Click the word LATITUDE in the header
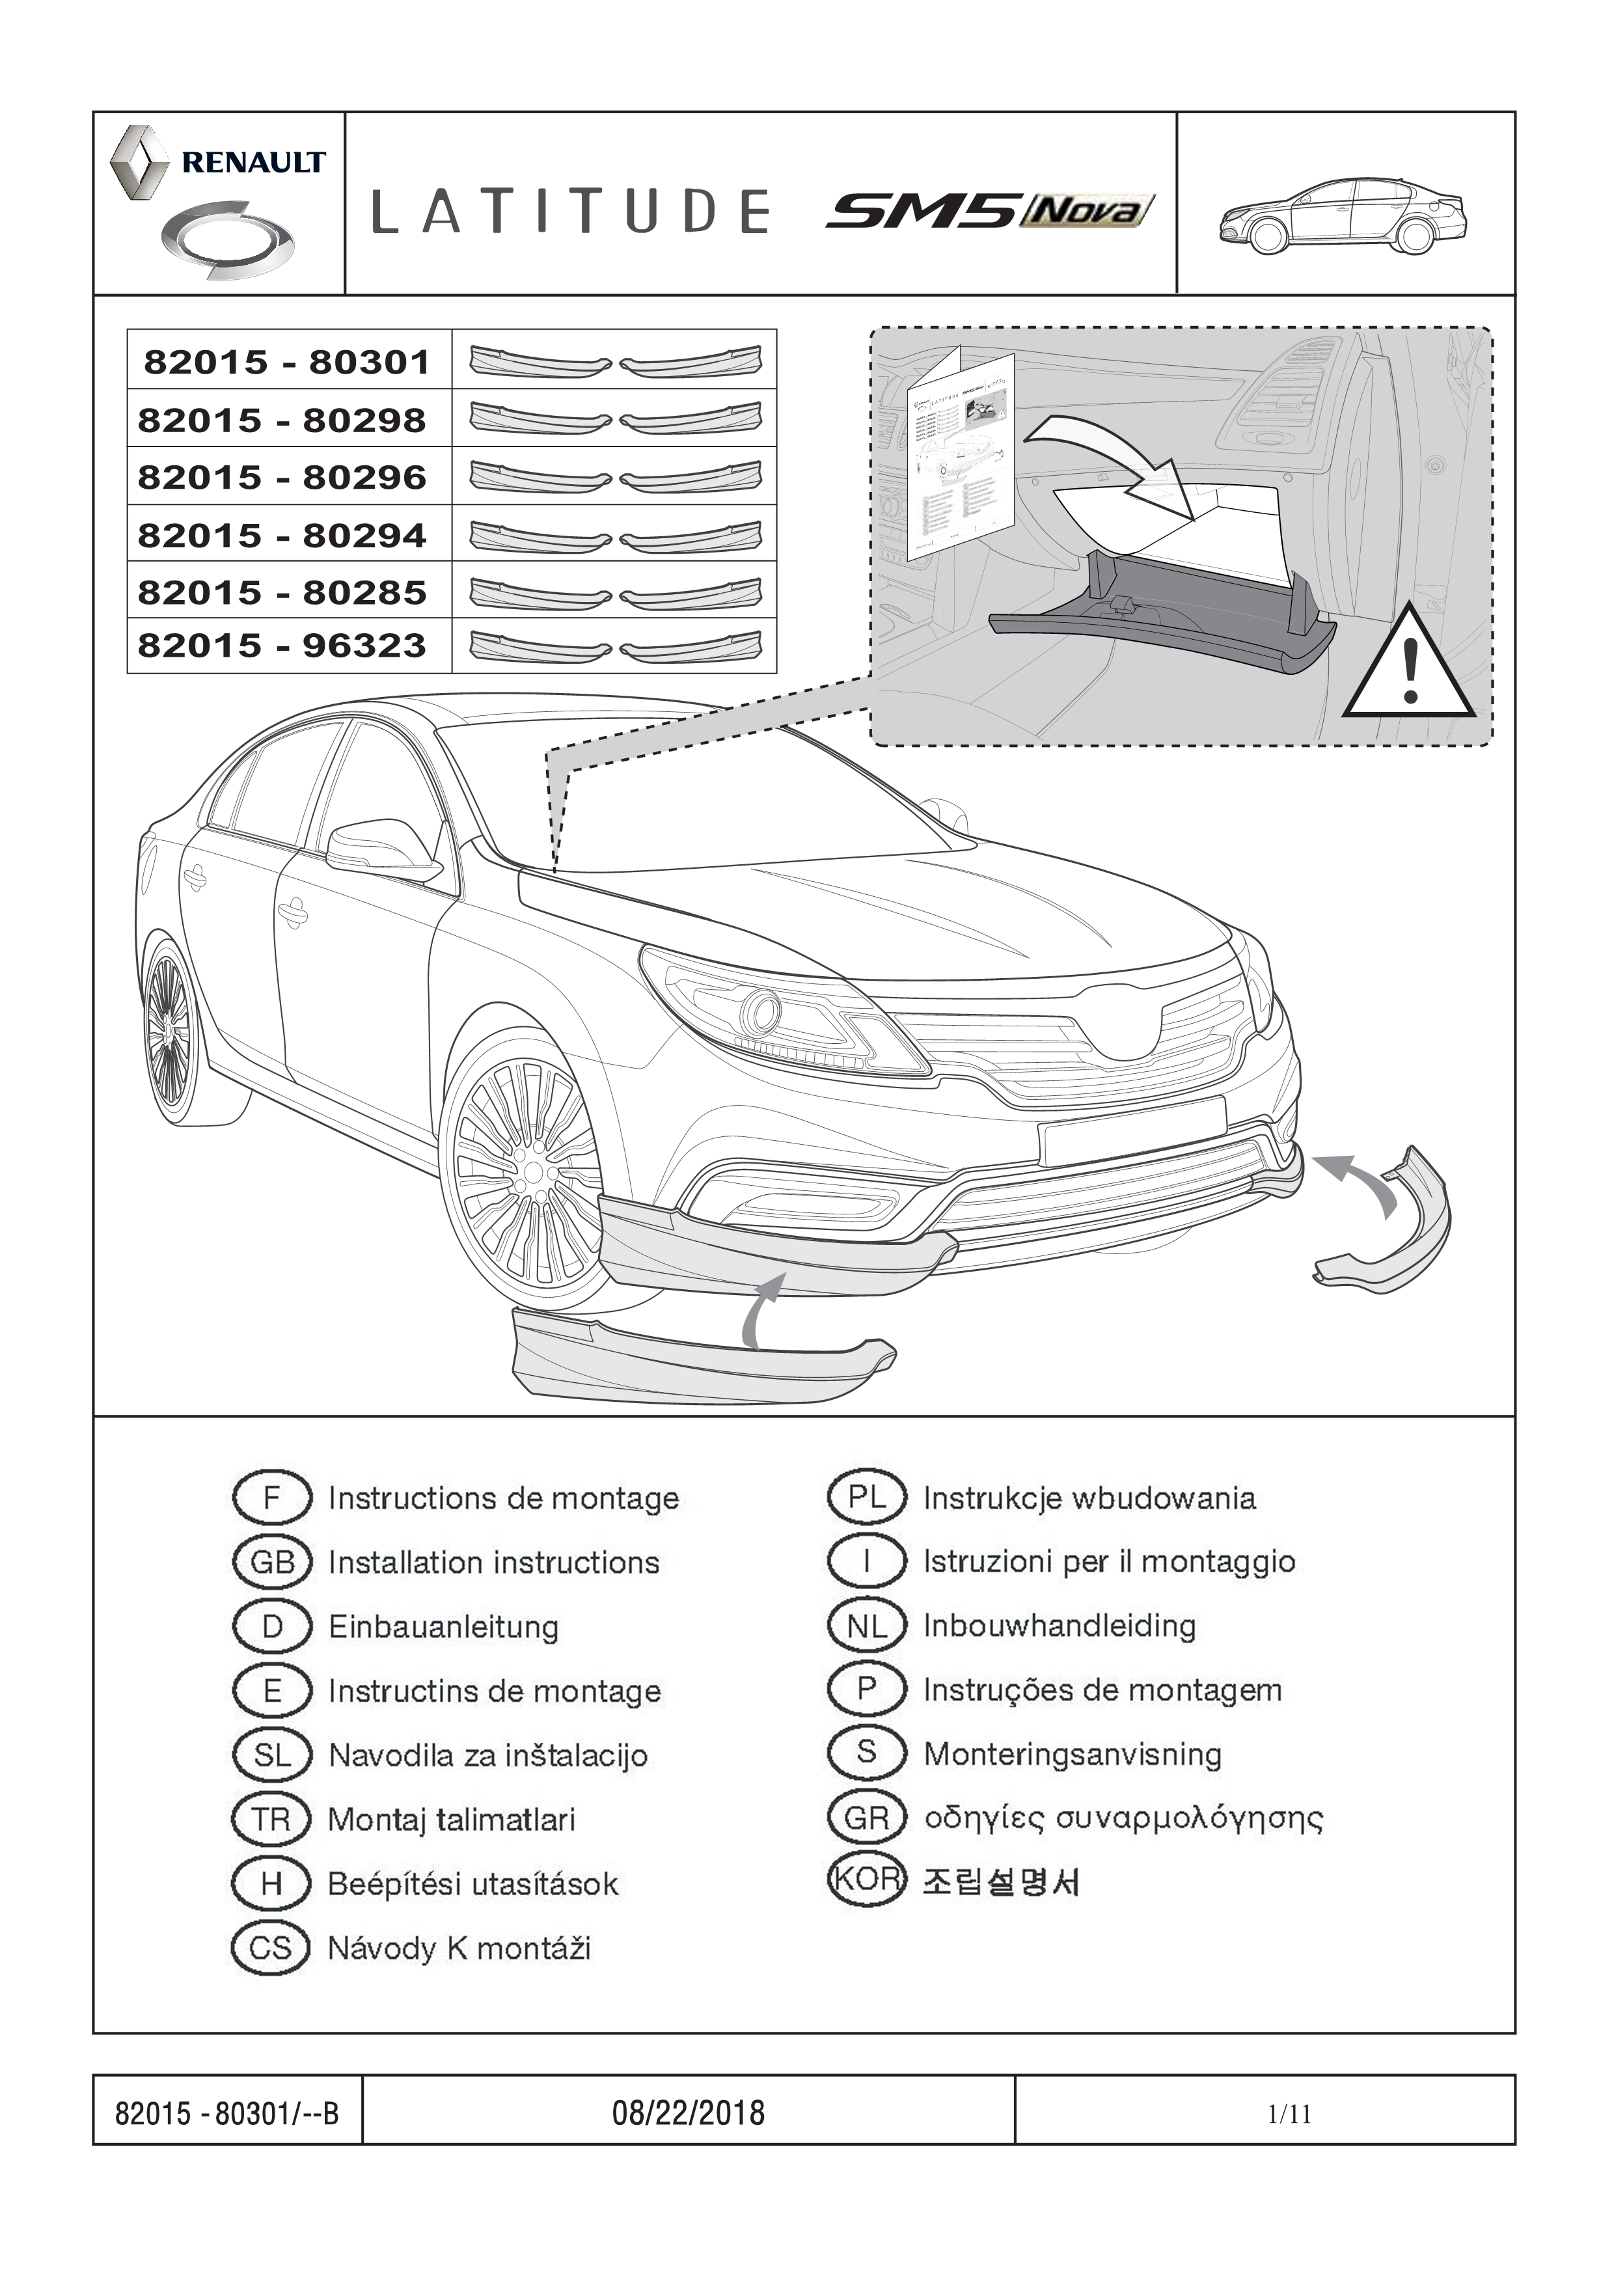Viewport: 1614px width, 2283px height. point(571,211)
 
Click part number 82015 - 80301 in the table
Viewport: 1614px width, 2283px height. point(288,362)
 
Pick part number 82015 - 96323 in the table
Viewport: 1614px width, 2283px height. point(282,646)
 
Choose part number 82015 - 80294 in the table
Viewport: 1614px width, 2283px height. point(282,536)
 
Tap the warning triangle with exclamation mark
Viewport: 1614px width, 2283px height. point(1408,666)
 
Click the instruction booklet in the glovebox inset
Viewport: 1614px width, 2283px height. point(960,458)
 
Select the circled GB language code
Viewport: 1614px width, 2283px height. point(271,1562)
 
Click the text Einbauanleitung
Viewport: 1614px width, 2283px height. point(444,1627)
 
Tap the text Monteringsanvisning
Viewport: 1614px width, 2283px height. point(1072,1754)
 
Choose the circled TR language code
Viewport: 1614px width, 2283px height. point(271,1820)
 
